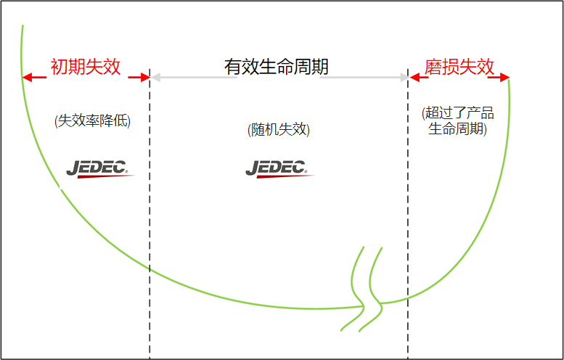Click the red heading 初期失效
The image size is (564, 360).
click(x=85, y=67)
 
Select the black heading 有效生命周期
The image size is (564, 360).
click(x=277, y=67)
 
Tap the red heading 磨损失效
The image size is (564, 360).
click(x=459, y=67)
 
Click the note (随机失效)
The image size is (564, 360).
click(x=279, y=130)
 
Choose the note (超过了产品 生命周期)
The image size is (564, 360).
click(x=457, y=121)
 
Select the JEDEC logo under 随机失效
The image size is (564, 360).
click(x=277, y=168)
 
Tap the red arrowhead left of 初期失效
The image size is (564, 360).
click(x=27, y=78)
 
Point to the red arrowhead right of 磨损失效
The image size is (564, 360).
click(x=504, y=78)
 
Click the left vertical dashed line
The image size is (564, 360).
click(x=150, y=218)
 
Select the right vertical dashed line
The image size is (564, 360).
click(x=408, y=218)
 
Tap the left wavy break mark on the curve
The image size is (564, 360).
click(x=356, y=290)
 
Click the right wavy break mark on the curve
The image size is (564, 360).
click(x=375, y=290)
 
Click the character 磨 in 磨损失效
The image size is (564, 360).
click(x=433, y=67)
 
